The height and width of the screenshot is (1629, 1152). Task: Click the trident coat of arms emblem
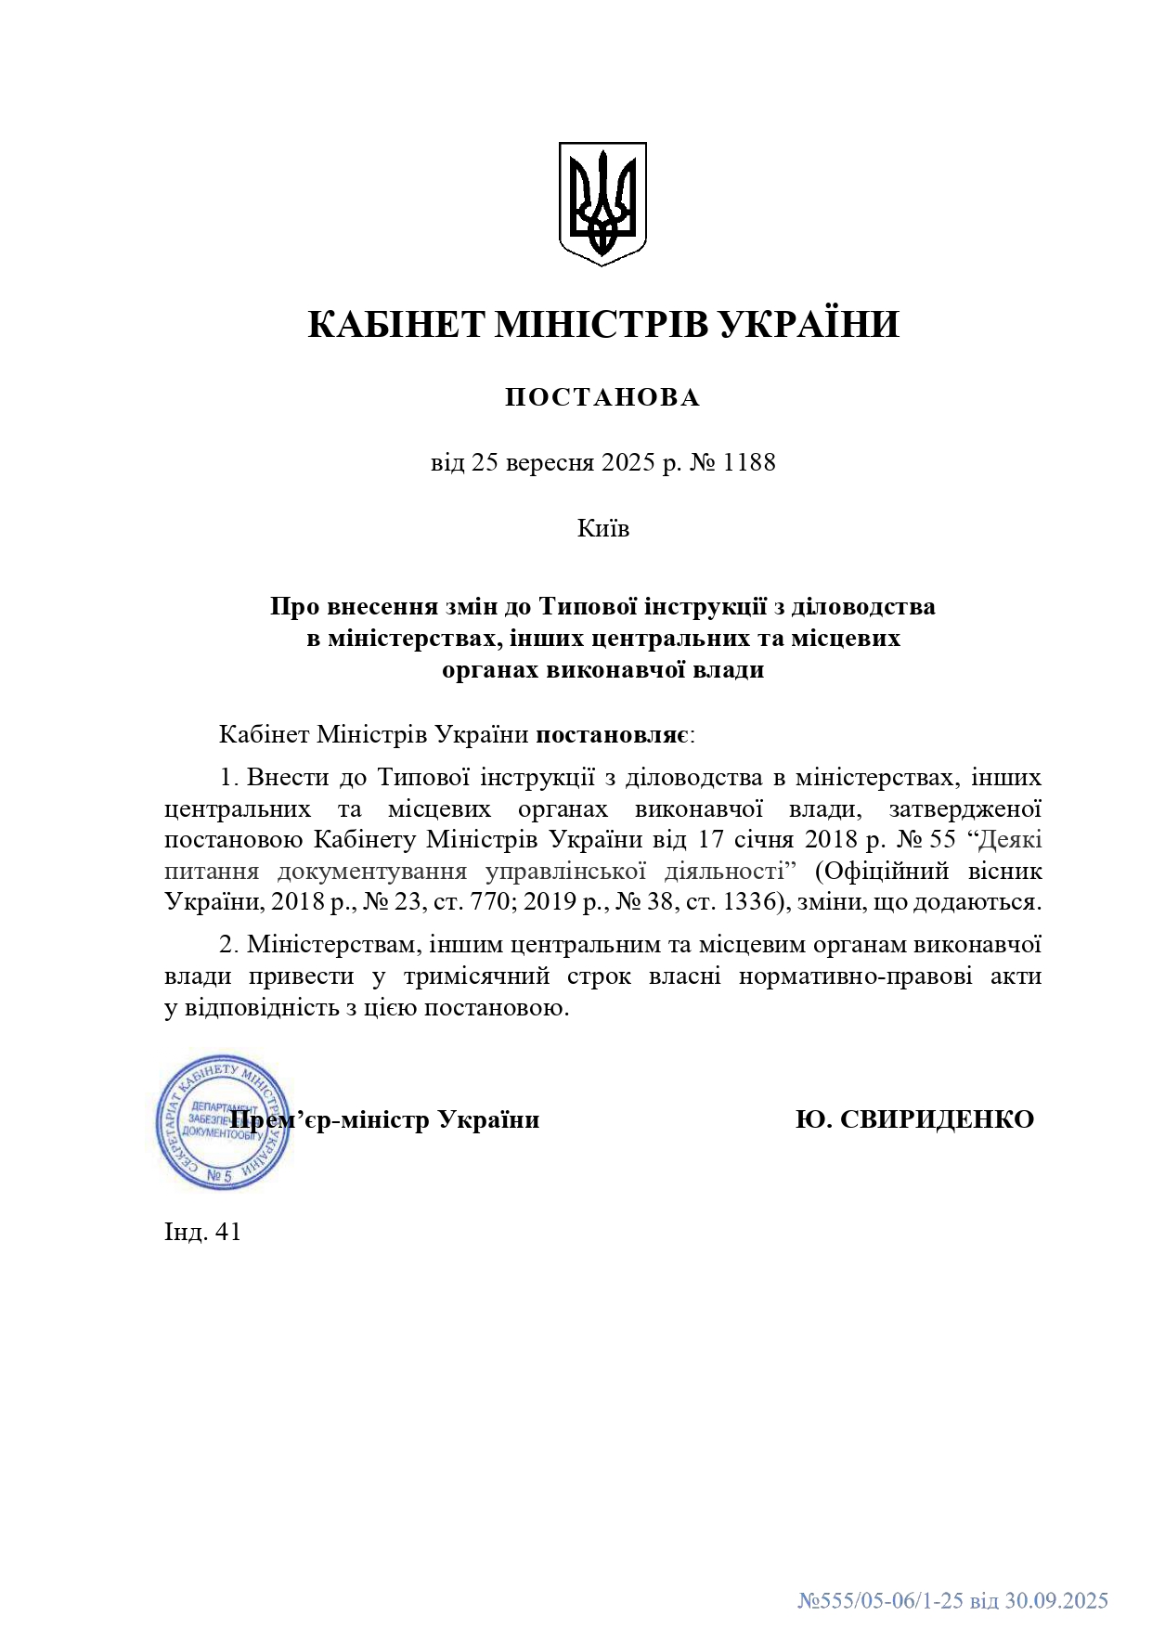602,203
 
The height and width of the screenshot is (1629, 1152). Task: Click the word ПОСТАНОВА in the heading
602,397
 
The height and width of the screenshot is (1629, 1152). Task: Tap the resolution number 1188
748,462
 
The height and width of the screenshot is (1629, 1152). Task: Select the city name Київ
603,528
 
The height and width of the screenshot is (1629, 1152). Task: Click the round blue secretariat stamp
223,1121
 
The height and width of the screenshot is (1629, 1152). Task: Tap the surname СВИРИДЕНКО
937,1119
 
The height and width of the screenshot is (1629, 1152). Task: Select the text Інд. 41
202,1232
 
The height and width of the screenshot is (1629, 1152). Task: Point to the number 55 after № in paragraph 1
942,840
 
